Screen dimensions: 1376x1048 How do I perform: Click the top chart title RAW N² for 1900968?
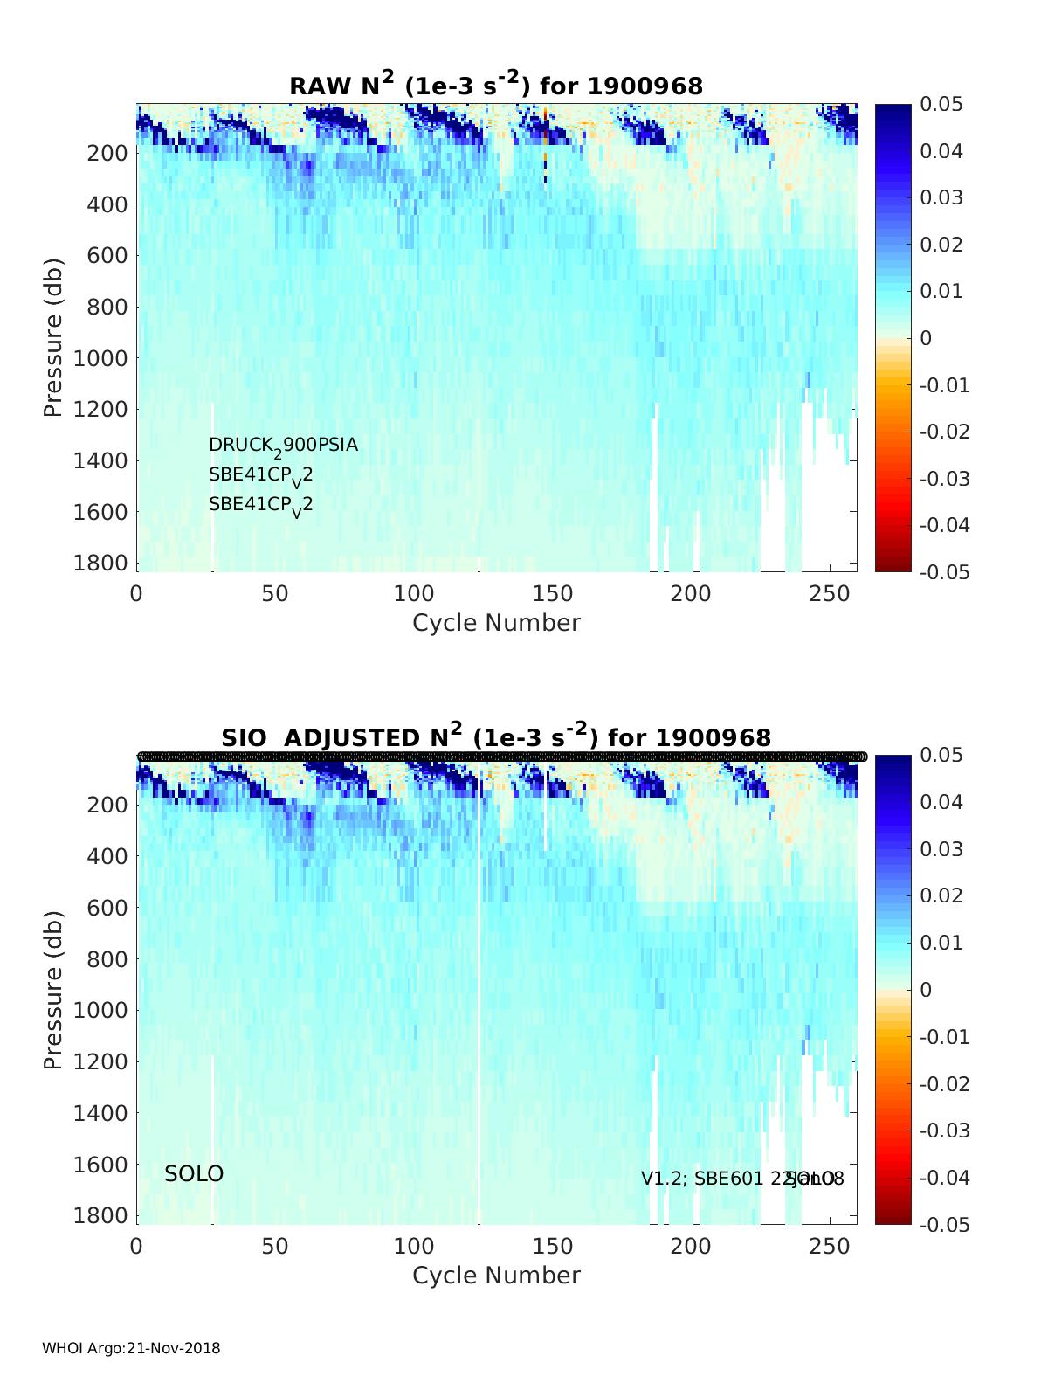[496, 85]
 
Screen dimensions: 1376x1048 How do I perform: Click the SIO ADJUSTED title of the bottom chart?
[496, 737]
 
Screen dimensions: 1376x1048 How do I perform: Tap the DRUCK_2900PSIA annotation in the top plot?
[283, 446]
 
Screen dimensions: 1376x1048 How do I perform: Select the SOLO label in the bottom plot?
[194, 1174]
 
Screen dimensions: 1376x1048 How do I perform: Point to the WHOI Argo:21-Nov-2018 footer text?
[131, 1348]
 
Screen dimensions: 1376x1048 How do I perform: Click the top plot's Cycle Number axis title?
[496, 623]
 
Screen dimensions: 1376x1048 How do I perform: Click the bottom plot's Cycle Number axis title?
[496, 1276]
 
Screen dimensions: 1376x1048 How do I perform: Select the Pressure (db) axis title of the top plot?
[54, 337]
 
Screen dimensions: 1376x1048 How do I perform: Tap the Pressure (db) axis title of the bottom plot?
[54, 989]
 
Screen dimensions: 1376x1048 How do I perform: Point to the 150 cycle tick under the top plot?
[552, 594]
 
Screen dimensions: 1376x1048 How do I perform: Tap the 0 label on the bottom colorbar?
[926, 990]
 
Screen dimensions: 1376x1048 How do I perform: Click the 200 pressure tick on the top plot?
[107, 153]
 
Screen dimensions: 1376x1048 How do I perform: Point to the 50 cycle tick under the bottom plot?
[275, 1246]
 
